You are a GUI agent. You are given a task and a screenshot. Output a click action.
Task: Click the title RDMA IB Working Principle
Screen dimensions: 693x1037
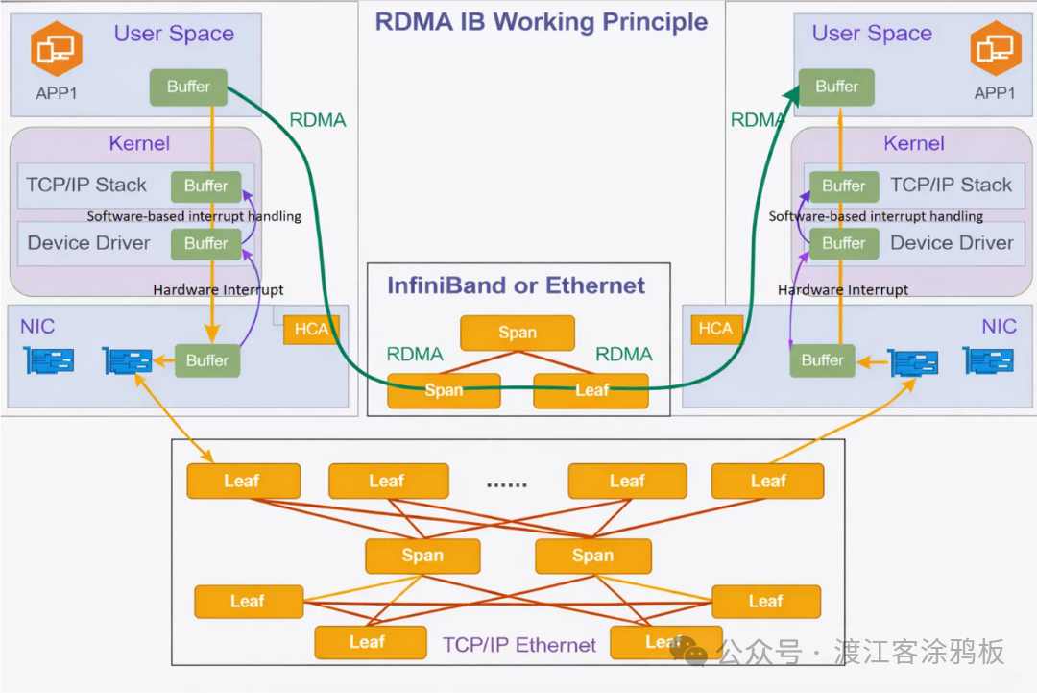click(541, 21)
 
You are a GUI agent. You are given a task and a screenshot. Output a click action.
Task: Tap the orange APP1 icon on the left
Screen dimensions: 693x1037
click(56, 49)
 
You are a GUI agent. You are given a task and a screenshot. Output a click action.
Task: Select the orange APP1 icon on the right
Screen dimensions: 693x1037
click(994, 49)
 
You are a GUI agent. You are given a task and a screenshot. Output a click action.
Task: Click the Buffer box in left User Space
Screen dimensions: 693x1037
click(188, 87)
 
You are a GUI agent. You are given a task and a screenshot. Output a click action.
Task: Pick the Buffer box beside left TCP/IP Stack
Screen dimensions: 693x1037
click(205, 186)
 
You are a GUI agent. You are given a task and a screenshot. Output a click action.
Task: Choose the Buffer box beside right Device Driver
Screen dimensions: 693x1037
click(843, 244)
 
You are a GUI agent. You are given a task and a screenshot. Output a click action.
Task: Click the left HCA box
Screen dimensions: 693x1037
click(311, 329)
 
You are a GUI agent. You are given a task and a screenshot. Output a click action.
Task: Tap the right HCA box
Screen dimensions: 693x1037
click(715, 329)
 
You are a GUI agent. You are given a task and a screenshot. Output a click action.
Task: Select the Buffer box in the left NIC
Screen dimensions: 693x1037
click(207, 360)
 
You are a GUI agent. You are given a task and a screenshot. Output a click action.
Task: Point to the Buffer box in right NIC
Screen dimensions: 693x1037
click(822, 360)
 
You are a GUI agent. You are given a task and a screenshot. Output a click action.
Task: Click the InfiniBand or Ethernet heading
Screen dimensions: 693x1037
click(517, 285)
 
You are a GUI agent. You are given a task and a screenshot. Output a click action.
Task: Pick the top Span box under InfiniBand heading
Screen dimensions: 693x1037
click(517, 333)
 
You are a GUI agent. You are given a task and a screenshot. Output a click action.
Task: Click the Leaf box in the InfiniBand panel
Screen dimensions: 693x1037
click(591, 390)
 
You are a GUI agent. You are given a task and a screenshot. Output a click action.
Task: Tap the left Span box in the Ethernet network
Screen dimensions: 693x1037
click(422, 556)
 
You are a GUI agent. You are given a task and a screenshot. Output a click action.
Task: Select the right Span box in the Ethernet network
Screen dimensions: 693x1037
click(592, 556)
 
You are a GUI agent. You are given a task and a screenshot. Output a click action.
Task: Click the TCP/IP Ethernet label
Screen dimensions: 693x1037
click(518, 645)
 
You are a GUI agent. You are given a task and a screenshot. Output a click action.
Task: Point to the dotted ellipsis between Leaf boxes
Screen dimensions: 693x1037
click(507, 483)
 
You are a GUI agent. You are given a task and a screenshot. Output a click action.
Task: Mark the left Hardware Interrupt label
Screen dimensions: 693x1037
click(218, 289)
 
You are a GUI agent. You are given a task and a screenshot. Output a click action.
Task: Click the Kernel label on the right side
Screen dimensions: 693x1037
click(913, 143)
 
